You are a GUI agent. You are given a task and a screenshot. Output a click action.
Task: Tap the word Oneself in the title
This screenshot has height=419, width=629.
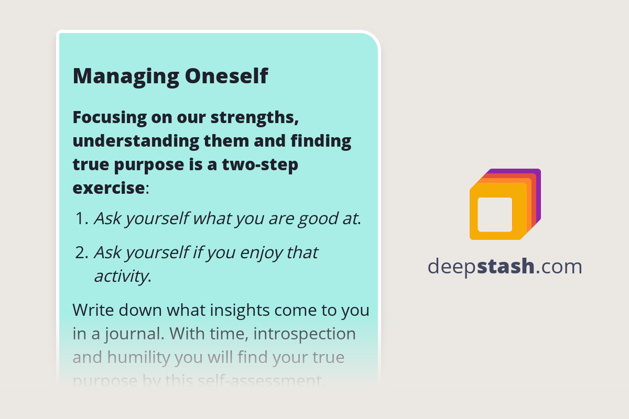tap(226, 76)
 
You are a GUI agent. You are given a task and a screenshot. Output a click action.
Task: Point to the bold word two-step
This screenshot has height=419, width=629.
tap(260, 164)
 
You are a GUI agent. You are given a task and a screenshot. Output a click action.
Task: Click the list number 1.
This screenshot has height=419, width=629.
tap(80, 218)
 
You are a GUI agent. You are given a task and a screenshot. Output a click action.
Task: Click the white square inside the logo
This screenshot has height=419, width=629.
tap(495, 214)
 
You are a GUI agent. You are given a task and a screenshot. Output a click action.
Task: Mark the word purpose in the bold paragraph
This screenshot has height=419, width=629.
tap(150, 164)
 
